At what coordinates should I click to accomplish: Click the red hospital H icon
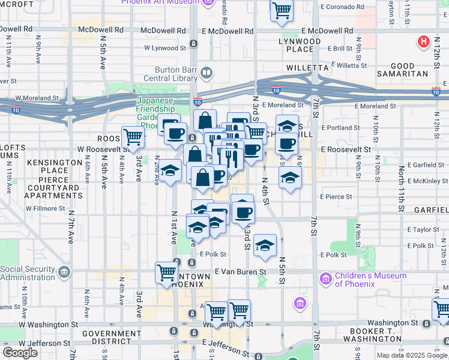(x=423, y=42)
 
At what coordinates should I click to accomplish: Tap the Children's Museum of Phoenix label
(x=370, y=280)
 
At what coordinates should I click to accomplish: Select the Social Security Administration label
(x=29, y=273)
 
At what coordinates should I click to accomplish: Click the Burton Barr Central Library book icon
(x=206, y=73)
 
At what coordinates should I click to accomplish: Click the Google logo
(x=20, y=353)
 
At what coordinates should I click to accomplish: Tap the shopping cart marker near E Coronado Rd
(x=281, y=10)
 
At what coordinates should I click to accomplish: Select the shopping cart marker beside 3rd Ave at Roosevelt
(x=132, y=137)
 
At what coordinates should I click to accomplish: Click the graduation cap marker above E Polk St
(x=264, y=245)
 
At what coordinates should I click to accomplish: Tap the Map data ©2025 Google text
(x=411, y=355)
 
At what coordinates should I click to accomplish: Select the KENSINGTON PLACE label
(x=54, y=166)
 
